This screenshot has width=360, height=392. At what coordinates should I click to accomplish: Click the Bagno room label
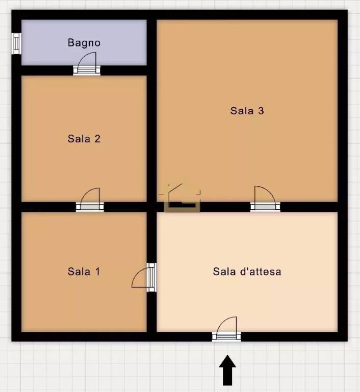[x=84, y=43]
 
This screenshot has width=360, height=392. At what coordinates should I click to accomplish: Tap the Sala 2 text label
[x=84, y=139]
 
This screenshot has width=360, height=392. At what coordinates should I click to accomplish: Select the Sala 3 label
[x=247, y=111]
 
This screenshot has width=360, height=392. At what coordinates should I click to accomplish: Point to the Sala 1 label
[x=84, y=272]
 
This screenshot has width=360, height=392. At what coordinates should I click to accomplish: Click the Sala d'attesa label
[x=247, y=272]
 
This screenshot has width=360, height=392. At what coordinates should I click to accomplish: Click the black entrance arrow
[x=227, y=370]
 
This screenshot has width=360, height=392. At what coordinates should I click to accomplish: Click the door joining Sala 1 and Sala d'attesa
[x=145, y=277]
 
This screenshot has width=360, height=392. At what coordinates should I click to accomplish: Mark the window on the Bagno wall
[x=16, y=43]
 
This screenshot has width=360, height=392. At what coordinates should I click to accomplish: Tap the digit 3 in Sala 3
[x=261, y=111]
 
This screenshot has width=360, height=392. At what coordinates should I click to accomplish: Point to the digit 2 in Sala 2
[x=97, y=139]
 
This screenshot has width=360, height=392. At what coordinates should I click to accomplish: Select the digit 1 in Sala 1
[x=97, y=272]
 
